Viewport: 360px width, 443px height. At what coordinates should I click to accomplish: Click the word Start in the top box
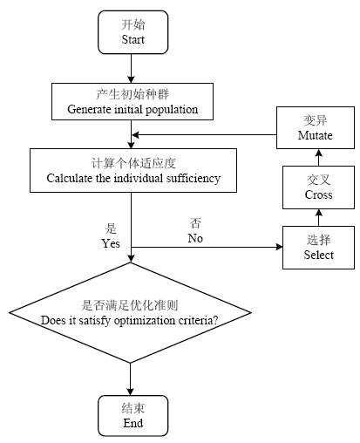point(132,39)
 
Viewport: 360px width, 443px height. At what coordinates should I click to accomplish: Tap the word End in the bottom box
point(133,423)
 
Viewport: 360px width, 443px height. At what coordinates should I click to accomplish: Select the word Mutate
point(316,135)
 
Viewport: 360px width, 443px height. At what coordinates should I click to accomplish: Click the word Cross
point(318,194)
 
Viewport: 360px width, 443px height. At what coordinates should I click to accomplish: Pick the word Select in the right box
point(319,255)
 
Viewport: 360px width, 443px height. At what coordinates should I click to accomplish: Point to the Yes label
point(111,243)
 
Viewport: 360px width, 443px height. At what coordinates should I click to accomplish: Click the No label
point(195,238)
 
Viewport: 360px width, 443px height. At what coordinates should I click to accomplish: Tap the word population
point(172,110)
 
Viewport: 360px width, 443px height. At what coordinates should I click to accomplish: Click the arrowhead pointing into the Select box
point(279,247)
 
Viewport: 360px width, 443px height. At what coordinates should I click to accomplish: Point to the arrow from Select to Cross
point(319,217)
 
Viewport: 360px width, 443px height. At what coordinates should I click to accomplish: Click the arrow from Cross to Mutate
point(319,157)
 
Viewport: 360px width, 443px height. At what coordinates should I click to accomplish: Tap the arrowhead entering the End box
point(130,392)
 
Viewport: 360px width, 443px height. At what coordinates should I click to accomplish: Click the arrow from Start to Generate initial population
point(131,69)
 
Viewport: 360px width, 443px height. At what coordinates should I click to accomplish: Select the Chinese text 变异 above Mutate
point(316,120)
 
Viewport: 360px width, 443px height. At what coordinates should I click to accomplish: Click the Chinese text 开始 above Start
point(133,24)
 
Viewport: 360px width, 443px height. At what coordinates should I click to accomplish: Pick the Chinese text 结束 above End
point(133,408)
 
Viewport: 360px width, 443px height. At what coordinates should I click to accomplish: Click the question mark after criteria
point(215,320)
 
